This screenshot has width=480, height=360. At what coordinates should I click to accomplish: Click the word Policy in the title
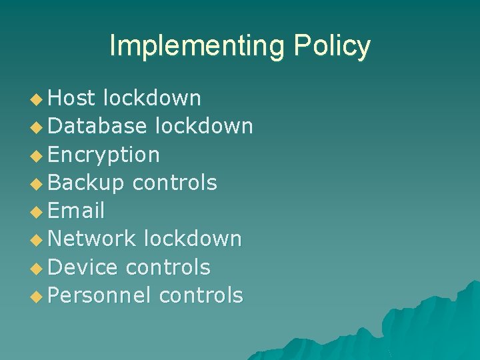coord(331,46)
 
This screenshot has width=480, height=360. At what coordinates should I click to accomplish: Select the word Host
coord(73,98)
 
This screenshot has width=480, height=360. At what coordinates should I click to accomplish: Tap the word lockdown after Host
coord(152,98)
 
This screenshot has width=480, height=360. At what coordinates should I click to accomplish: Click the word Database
coord(97,126)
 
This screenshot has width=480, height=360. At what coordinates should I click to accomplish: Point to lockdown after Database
coord(203,126)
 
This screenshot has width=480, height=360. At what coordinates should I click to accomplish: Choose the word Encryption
coord(104,155)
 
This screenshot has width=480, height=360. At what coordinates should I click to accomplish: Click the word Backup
coord(87,183)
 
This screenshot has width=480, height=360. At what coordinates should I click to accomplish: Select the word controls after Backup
coord(175,183)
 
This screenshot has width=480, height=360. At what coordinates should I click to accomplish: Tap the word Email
coord(77,211)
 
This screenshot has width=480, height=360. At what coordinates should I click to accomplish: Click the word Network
coord(93,239)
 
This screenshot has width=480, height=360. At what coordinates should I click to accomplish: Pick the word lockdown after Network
coord(193,239)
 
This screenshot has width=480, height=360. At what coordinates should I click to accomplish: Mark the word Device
coord(83,267)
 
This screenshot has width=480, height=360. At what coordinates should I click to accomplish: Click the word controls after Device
coord(167,267)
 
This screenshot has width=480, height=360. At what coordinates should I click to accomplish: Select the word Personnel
coord(100,295)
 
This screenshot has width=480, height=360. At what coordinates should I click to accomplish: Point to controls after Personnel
coord(201,295)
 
